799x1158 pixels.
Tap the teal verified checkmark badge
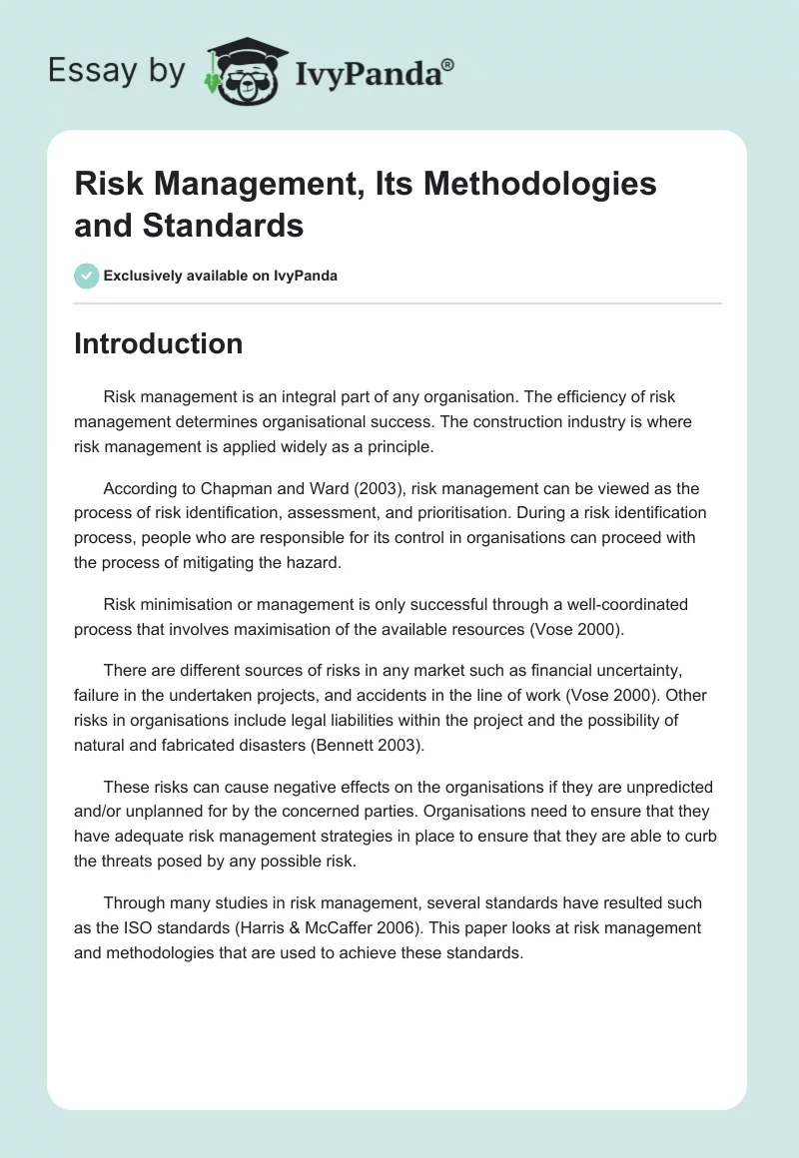point(86,276)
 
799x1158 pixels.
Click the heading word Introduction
point(158,343)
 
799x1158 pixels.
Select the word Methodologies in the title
point(541,185)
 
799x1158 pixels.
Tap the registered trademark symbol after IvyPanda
point(447,65)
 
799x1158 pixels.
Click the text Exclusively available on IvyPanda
point(221,277)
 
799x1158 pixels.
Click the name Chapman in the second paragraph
point(208,488)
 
